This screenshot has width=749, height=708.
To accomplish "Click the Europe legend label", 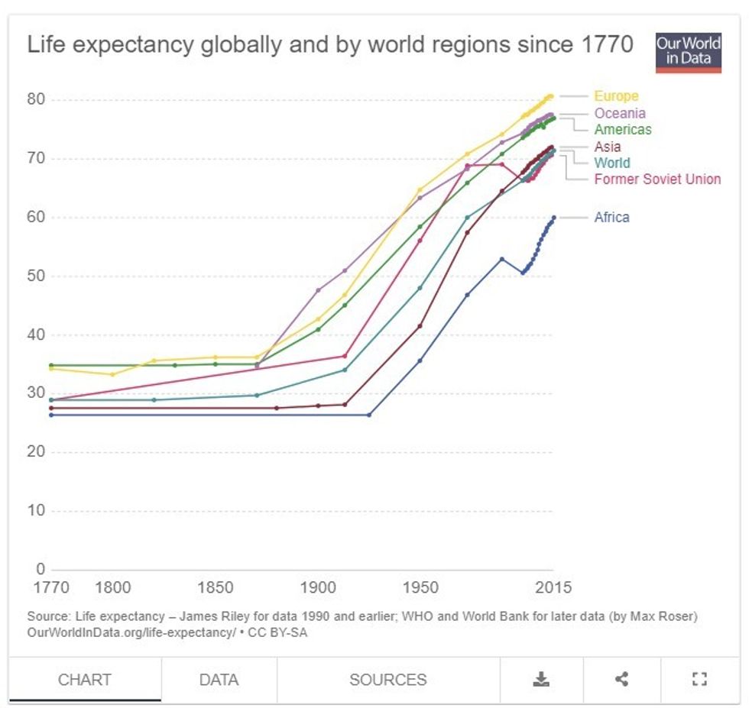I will click(x=616, y=96).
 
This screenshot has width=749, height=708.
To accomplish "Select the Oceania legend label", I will click(x=620, y=113).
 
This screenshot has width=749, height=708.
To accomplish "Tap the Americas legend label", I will click(x=623, y=130).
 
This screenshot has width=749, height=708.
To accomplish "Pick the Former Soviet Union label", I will click(x=657, y=179).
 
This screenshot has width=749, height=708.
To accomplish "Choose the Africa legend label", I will click(x=611, y=218).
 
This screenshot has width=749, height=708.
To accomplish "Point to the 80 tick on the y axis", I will click(x=37, y=99).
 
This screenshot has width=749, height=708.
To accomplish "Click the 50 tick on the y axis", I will click(x=37, y=276).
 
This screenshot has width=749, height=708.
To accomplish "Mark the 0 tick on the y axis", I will click(x=41, y=569).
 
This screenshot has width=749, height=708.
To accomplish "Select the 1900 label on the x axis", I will click(x=318, y=588).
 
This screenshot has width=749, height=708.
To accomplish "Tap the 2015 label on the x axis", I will click(x=553, y=588).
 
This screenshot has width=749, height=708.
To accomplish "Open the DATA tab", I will click(x=219, y=680).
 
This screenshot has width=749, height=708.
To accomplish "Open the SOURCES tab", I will click(x=388, y=680).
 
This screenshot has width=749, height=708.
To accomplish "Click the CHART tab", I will click(x=85, y=680).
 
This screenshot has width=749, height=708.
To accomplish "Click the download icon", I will click(x=541, y=679).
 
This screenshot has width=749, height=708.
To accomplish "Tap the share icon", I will click(x=622, y=679).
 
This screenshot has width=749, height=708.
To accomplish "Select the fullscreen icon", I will click(x=699, y=679).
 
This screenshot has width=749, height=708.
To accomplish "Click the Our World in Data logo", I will click(x=688, y=53).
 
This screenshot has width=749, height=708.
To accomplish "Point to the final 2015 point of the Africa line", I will click(x=554, y=218).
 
